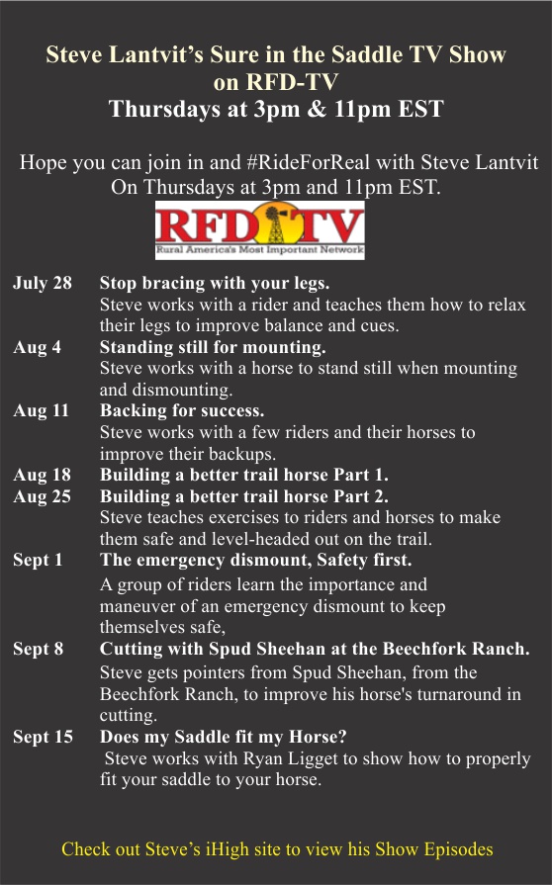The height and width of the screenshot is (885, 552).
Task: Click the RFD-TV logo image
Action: click(x=259, y=230)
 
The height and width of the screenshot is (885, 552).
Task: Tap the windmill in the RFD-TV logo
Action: click(x=275, y=224)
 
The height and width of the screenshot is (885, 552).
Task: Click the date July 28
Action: click(x=43, y=283)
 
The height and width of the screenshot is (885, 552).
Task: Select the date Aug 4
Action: click(x=37, y=348)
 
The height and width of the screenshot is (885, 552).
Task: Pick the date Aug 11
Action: click(x=41, y=411)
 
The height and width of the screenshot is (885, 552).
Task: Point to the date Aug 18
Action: click(x=42, y=476)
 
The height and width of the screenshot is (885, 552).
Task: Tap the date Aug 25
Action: click(x=42, y=496)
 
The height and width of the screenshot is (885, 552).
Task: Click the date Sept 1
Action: click(x=38, y=561)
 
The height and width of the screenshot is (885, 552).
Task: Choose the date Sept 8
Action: click(x=38, y=649)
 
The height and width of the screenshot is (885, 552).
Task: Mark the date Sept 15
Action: click(x=43, y=737)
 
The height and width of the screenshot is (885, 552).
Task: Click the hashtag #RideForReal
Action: click(x=309, y=162)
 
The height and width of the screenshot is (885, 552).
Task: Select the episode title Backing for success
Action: click(x=182, y=410)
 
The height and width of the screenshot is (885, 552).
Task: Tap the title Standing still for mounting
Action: click(x=213, y=347)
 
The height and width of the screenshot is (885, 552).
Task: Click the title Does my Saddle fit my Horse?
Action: click(x=223, y=737)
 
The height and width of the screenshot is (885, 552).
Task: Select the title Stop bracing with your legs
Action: click(x=215, y=283)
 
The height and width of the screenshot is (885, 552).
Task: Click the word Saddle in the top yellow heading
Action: click(x=367, y=54)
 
